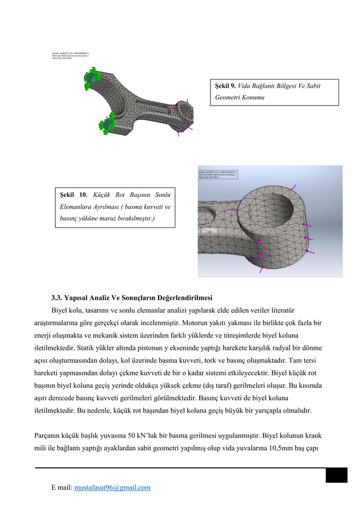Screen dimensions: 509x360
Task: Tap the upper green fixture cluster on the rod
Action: (90, 76)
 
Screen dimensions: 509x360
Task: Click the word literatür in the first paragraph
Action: (286, 310)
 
